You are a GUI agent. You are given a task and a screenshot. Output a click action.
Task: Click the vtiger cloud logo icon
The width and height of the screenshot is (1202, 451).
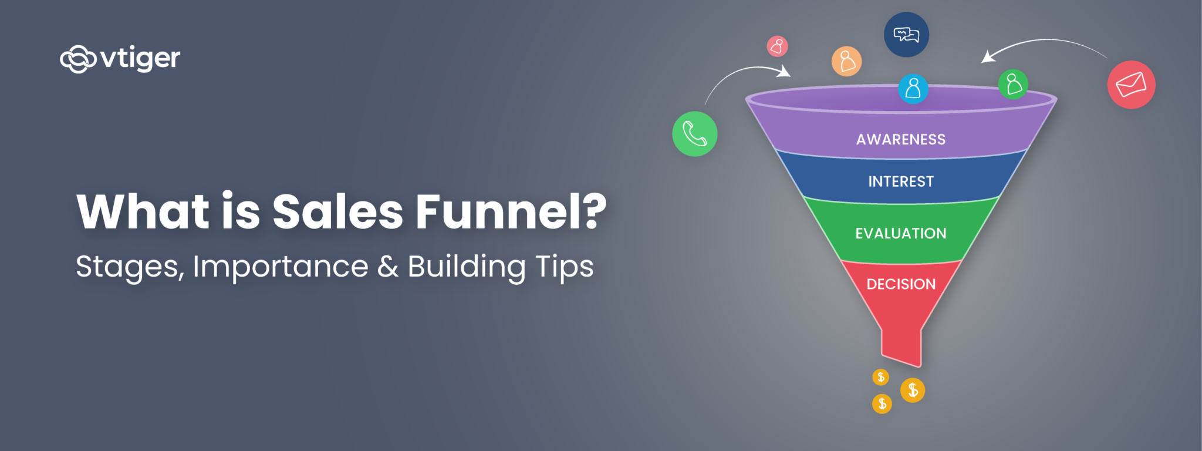[78, 59]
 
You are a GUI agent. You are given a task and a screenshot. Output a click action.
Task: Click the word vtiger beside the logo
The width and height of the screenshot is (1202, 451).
[140, 58]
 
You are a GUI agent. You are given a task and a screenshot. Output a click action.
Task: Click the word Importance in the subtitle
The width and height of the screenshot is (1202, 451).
[281, 267]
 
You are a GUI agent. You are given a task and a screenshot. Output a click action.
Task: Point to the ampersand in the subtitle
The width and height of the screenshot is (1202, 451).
[387, 267]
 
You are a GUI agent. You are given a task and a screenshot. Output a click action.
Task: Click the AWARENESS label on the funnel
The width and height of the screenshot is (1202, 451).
[901, 140]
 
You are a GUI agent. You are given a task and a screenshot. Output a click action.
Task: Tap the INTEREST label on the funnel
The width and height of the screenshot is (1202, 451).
[901, 181]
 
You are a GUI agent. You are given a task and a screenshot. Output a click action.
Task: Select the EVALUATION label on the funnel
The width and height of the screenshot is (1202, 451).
[901, 234]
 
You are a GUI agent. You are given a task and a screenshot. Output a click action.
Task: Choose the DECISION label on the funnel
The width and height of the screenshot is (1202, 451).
[901, 284]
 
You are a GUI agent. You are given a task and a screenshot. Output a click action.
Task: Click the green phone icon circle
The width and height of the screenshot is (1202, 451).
[695, 134]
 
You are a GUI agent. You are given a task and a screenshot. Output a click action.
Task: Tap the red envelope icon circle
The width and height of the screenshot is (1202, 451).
[1131, 85]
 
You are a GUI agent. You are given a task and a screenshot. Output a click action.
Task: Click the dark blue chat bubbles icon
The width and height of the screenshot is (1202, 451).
[906, 35]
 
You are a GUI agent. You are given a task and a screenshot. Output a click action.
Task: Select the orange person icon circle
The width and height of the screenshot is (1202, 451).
[846, 61]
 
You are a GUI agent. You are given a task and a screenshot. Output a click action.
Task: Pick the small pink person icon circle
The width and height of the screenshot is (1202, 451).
[777, 46]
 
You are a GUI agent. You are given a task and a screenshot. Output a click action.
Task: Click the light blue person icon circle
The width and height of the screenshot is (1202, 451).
[913, 89]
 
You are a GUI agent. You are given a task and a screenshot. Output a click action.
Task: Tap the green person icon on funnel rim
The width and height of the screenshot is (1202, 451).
[1013, 84]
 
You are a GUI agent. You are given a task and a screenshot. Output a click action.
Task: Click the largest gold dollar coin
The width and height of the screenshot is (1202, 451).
[913, 390]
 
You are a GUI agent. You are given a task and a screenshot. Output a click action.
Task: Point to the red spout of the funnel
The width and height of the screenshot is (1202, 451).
[901, 346]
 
